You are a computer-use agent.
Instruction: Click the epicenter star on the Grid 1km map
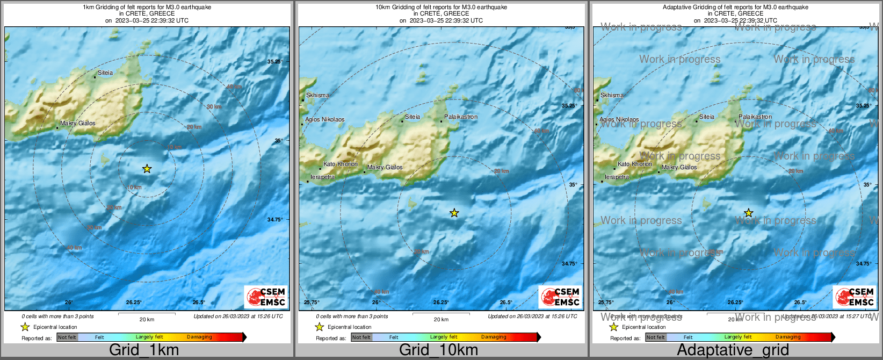point(147,169)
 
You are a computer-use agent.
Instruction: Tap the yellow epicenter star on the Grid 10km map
point(454,213)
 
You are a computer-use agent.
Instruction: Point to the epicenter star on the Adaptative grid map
point(748,213)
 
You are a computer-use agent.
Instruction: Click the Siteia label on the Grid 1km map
point(105,73)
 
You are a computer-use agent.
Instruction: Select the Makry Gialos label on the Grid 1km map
point(77,123)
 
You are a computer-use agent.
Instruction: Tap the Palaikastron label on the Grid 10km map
point(461,117)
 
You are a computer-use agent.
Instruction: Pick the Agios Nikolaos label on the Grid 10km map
point(325,120)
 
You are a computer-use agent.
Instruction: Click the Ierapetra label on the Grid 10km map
point(323,177)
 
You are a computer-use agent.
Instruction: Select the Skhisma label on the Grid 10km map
point(317,95)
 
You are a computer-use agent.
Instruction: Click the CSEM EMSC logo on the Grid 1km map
point(266,297)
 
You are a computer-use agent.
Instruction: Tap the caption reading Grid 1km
point(144,350)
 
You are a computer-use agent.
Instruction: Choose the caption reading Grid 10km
point(438,350)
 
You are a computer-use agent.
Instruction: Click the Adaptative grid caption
point(733,350)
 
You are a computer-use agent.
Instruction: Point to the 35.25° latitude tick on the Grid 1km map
point(275,61)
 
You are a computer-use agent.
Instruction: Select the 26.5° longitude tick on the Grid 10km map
point(506,302)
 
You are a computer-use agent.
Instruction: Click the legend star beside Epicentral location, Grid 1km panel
point(25,327)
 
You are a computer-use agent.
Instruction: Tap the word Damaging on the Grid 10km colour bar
point(494,337)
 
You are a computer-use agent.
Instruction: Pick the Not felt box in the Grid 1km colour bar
point(67,337)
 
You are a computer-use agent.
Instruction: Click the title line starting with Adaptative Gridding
point(735,8)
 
